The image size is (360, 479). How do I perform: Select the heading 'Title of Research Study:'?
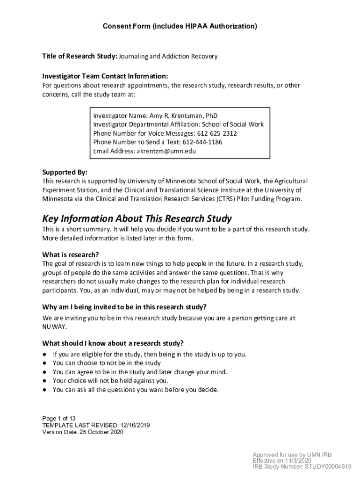coord(79,57)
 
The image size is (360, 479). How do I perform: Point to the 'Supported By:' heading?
coord(65,172)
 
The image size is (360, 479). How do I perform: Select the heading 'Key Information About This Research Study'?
coord(137,219)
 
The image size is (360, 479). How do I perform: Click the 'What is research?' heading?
coord(71,255)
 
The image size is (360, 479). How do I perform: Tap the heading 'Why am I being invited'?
coord(124,307)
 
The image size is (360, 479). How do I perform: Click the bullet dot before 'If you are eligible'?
coord(44,355)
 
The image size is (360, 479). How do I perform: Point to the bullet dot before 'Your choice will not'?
coord(44,381)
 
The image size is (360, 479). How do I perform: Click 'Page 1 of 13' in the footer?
coord(59,418)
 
